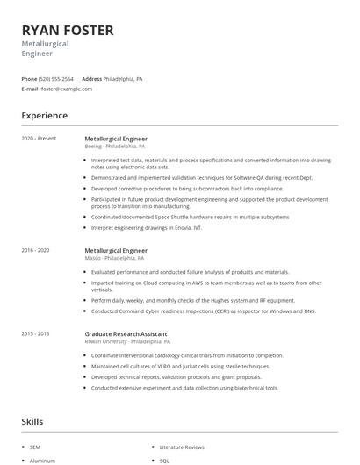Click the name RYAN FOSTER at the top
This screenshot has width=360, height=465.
click(68, 31)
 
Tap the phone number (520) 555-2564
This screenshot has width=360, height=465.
click(57, 78)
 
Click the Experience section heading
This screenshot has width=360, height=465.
click(44, 115)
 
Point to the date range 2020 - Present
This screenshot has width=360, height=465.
click(39, 139)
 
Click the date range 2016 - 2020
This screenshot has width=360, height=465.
click(37, 250)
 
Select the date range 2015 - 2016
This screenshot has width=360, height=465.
click(37, 333)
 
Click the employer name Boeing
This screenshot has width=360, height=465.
click(93, 147)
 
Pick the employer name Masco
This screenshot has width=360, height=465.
click(93, 258)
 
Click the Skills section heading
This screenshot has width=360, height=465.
click(32, 422)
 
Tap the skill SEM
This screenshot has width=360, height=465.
click(36, 447)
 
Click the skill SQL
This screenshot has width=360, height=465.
click(165, 460)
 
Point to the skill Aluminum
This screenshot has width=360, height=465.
click(42, 460)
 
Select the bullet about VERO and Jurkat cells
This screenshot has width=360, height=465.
click(165, 366)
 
